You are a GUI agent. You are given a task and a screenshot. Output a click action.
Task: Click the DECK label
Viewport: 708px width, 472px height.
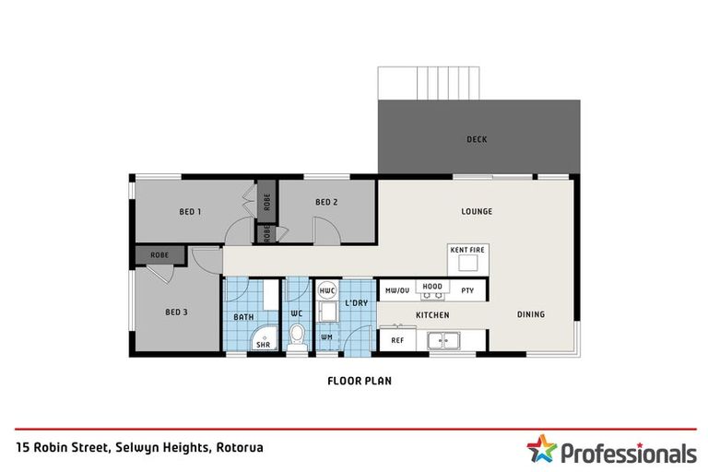pyautogui.click(x=477, y=139)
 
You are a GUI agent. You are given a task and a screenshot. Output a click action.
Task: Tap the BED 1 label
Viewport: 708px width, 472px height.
pyautogui.click(x=190, y=211)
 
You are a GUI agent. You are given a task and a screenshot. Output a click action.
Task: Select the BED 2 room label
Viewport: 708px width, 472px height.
pyautogui.click(x=326, y=202)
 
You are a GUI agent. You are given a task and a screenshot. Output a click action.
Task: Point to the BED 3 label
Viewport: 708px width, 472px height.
pyautogui.click(x=176, y=313)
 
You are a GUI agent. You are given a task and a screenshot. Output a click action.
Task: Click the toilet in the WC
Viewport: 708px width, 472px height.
pyautogui.click(x=297, y=337)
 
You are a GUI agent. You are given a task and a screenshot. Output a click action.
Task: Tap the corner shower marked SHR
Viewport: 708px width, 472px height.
pyautogui.click(x=265, y=338)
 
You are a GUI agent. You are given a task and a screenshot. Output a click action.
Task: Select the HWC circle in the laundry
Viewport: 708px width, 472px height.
pyautogui.click(x=327, y=291)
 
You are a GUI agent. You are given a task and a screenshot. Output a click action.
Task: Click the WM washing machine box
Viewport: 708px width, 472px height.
pyautogui.click(x=327, y=337)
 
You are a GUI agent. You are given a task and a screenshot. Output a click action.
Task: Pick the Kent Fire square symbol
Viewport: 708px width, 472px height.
pyautogui.click(x=467, y=263)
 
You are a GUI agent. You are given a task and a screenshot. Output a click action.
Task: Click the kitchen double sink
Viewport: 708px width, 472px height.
pyautogui.click(x=443, y=340)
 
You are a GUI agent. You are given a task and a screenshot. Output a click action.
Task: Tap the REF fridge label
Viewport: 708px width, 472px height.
pyautogui.click(x=397, y=340)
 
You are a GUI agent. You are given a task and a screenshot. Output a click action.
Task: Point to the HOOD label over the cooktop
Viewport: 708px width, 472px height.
pyautogui.click(x=432, y=287)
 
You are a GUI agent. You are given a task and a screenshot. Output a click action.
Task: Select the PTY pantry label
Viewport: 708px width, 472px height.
pyautogui.click(x=467, y=290)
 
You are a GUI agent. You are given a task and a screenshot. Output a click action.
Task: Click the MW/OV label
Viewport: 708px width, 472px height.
pyautogui.click(x=397, y=290)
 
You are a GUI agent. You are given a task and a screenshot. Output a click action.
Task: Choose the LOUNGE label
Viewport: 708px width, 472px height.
pyautogui.click(x=477, y=211)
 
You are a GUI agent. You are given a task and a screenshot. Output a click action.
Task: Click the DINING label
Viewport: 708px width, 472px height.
pyautogui.click(x=531, y=314)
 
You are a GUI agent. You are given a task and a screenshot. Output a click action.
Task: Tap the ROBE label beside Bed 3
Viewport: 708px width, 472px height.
pyautogui.click(x=159, y=255)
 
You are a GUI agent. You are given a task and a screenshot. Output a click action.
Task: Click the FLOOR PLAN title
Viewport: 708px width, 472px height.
pyautogui.click(x=360, y=381)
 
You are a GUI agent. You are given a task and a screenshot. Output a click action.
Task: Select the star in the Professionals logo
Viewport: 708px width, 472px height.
pyautogui.click(x=541, y=449)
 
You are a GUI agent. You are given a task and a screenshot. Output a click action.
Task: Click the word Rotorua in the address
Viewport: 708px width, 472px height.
pyautogui.click(x=240, y=448)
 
